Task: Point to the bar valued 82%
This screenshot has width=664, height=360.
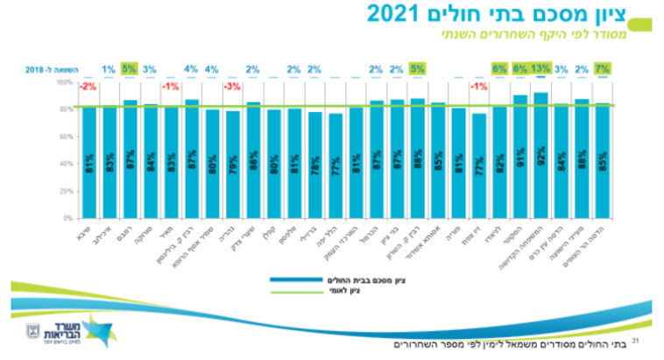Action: coord(499,162)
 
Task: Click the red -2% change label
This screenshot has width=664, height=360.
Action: coord(88,87)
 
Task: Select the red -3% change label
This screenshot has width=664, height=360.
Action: coord(232,87)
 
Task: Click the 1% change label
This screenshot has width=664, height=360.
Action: coord(109,69)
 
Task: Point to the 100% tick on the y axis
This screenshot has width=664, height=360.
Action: coord(66,82)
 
